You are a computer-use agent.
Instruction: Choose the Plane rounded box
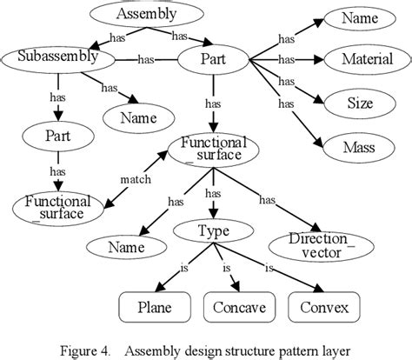tap(154, 308)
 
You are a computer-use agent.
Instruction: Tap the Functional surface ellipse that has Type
tap(213, 149)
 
